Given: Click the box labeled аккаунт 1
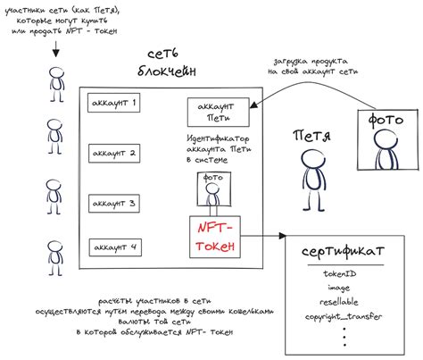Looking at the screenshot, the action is (113, 103).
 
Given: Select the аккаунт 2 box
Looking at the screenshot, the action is (114, 153).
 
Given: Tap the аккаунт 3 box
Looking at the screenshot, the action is (114, 204).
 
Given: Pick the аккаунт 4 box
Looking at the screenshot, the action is (115, 247).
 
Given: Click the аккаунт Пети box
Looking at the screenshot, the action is (218, 113).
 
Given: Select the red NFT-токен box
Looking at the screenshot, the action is (215, 237).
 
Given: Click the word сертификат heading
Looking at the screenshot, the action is (343, 252).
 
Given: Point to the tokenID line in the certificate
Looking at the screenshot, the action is (340, 273).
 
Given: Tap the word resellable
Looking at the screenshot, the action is (339, 302).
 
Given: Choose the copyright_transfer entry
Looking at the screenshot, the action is (344, 316).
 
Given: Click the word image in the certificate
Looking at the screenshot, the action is (339, 288).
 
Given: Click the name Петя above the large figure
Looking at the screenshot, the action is (311, 136).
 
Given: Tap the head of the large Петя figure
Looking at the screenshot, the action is (312, 158).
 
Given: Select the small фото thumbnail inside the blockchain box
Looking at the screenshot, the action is (214, 189).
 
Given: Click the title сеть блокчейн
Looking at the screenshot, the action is (167, 63).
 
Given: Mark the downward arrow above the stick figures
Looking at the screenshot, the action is (56, 49).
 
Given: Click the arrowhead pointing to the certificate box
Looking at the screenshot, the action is (282, 236).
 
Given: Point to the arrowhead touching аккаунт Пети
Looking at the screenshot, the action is (253, 105).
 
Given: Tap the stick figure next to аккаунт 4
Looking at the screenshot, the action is (55, 258).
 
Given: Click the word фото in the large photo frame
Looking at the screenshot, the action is (386, 120).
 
